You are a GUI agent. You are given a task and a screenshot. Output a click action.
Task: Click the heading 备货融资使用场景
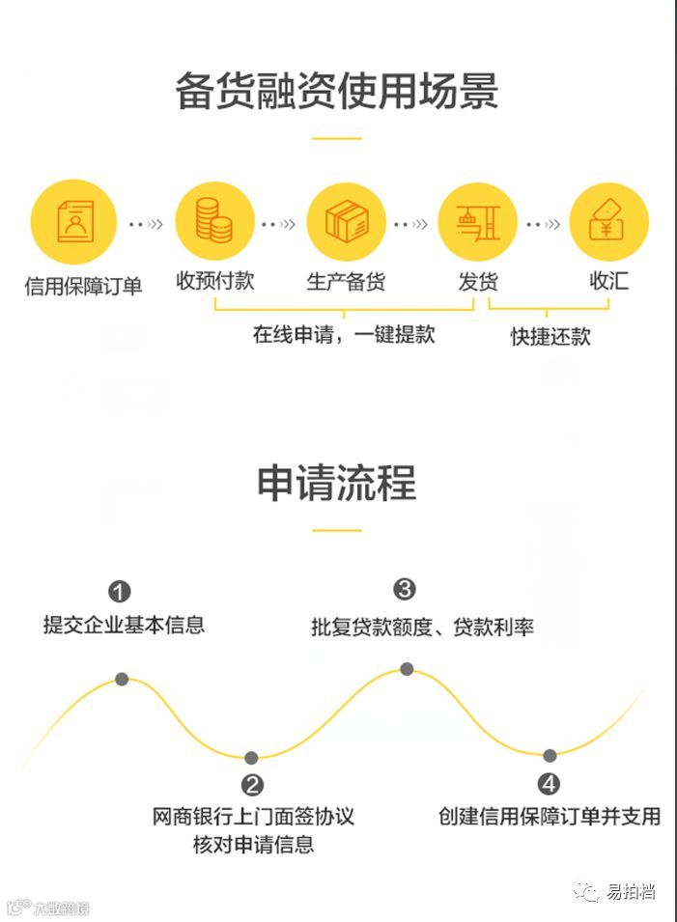click(337, 92)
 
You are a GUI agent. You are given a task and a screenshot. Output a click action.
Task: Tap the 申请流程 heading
click(337, 482)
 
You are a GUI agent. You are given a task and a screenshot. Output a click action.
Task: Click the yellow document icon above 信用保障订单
click(73, 222)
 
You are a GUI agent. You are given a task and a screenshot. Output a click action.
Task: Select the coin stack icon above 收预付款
click(214, 222)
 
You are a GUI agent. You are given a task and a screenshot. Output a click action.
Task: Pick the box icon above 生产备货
click(346, 222)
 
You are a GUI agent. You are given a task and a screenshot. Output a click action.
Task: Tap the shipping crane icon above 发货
click(477, 222)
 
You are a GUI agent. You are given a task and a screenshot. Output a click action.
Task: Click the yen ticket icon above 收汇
click(608, 222)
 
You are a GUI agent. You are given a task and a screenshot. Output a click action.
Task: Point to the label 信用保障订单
click(83, 286)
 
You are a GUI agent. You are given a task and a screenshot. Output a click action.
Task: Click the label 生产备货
click(346, 282)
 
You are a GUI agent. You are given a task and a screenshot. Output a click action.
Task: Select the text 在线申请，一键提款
click(344, 335)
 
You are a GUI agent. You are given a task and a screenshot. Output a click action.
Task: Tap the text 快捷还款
click(550, 337)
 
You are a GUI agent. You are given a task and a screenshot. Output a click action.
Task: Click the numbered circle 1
click(119, 591)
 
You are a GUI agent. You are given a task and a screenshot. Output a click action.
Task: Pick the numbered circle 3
click(405, 589)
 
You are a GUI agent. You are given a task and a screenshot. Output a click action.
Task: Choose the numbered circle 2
click(252, 785)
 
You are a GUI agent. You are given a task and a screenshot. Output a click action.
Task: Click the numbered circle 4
click(550, 783)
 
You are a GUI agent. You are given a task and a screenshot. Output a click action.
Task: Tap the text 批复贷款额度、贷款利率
click(422, 627)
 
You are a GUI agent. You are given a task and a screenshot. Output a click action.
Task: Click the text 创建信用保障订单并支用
click(550, 816)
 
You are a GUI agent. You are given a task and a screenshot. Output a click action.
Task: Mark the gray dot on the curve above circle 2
click(251, 758)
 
